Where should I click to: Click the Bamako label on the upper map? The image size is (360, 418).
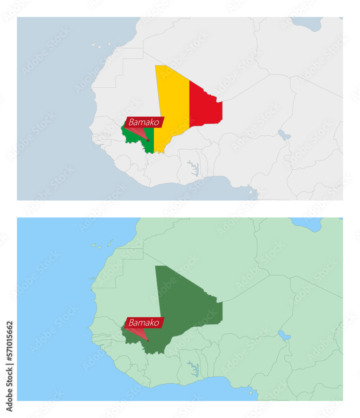click(144, 122)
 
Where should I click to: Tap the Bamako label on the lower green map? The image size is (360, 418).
click(144, 323)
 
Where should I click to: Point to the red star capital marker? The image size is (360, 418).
click(148, 140)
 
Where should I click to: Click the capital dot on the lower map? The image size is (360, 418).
click(148, 341)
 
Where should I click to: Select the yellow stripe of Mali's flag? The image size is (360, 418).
click(172, 104)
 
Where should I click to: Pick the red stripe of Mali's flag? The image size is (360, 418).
click(205, 104)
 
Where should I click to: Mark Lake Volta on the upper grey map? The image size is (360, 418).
click(193, 167)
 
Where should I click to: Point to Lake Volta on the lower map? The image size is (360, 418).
click(193, 368)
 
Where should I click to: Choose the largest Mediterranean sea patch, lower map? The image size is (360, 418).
click(307, 223)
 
